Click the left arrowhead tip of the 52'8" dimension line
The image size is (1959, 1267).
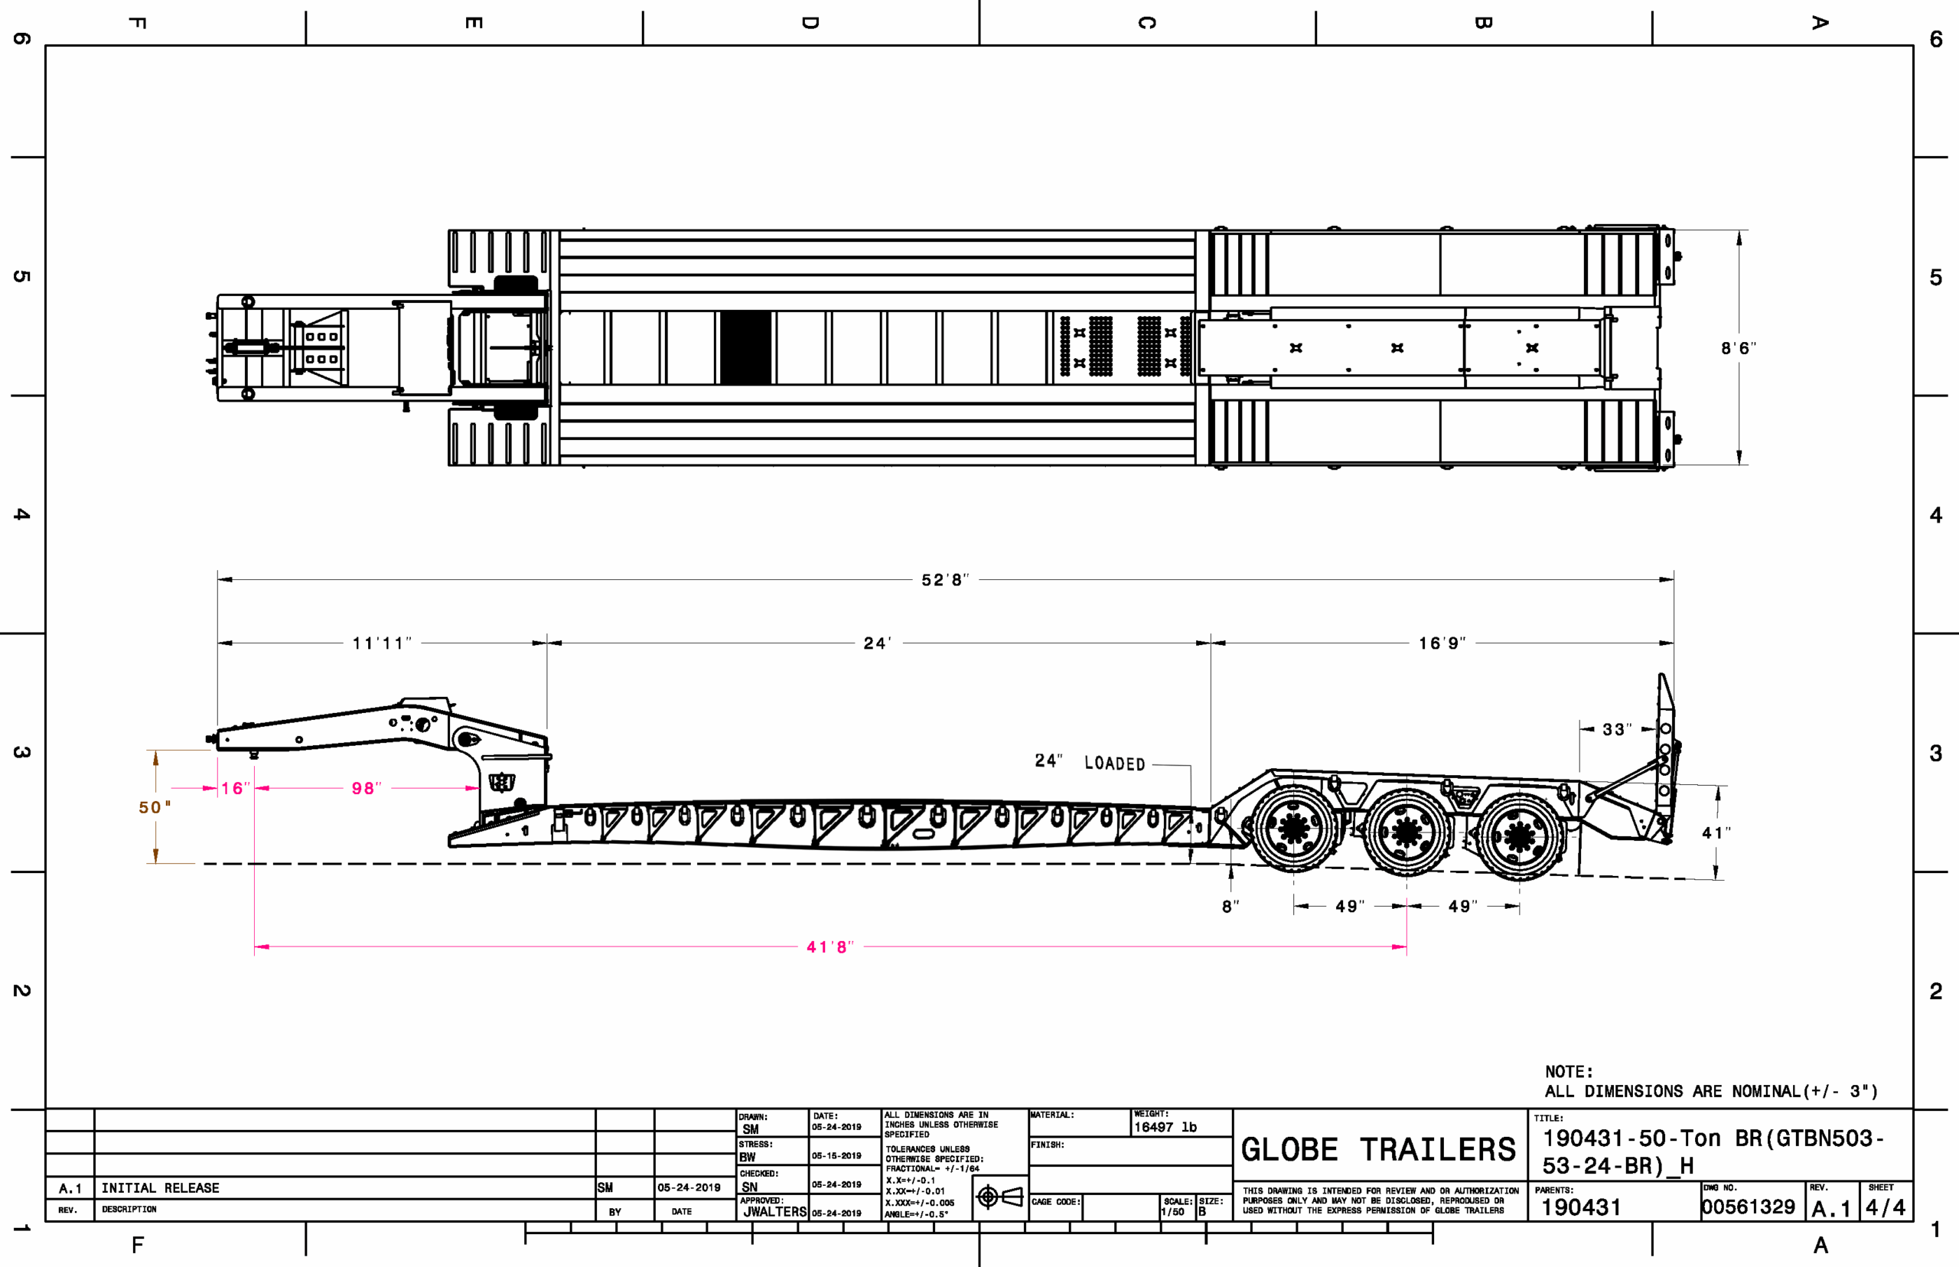(x=218, y=580)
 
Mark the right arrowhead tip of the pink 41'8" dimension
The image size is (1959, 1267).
(x=1406, y=947)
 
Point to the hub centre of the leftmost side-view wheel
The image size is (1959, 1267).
(x=1293, y=829)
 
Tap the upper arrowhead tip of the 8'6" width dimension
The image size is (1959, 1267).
(x=1739, y=231)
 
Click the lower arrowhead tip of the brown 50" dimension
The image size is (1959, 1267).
(x=155, y=863)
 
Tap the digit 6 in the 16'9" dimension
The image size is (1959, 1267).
(x=1433, y=643)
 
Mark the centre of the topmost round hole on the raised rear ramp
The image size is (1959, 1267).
(x=1665, y=728)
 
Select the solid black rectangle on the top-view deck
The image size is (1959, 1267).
(x=745, y=347)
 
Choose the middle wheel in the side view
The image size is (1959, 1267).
(x=1406, y=832)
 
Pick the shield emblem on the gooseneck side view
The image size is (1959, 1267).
(x=501, y=782)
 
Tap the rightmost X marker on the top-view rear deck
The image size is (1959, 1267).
(x=1532, y=348)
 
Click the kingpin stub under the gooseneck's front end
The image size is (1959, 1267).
(x=254, y=754)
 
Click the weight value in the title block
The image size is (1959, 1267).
(x=1165, y=1127)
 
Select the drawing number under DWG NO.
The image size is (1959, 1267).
(x=1749, y=1207)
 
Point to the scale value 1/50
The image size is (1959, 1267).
(x=1172, y=1212)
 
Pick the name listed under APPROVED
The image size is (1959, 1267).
(x=774, y=1212)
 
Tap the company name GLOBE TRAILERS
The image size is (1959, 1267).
(x=1378, y=1149)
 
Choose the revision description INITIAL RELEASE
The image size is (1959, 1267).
(x=161, y=1188)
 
